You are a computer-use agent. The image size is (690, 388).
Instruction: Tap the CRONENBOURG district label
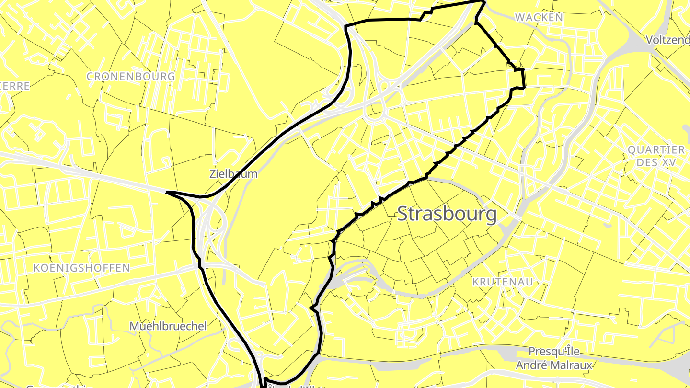(x=131, y=77)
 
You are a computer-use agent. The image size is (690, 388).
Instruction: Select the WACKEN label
(x=539, y=18)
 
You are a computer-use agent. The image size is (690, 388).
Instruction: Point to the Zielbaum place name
(x=233, y=174)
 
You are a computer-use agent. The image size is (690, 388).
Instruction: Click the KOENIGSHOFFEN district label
(x=81, y=268)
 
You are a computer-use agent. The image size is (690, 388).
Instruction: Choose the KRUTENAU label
(x=503, y=282)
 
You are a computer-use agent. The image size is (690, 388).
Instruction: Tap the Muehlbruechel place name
(x=168, y=326)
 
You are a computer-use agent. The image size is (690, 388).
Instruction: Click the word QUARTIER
(x=656, y=150)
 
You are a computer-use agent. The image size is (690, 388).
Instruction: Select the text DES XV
(x=656, y=163)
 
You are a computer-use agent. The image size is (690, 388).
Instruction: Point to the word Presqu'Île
(x=554, y=352)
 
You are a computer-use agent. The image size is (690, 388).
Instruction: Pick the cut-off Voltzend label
(x=667, y=40)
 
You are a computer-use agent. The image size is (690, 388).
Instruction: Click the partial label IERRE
(x=14, y=86)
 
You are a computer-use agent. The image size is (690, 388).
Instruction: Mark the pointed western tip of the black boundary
(x=167, y=192)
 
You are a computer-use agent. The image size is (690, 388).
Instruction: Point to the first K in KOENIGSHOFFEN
(x=37, y=268)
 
